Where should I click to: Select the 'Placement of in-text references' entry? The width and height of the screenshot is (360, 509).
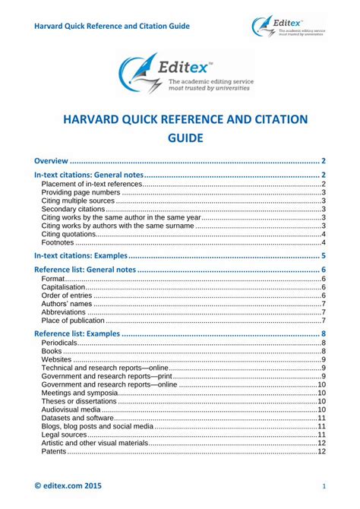coord(92,185)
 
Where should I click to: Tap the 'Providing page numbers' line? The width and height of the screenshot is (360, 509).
coord(79,193)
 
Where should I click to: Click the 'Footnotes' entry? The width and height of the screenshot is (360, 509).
coord(58,242)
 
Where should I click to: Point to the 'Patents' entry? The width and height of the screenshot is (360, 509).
coord(54,451)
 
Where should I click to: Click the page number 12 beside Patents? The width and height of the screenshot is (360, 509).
coord(321,451)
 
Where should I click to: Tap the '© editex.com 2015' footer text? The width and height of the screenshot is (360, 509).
coord(68,485)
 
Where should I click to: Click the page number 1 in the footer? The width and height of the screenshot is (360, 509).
coord(324,485)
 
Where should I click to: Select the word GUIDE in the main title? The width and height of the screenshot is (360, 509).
coord(179,138)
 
